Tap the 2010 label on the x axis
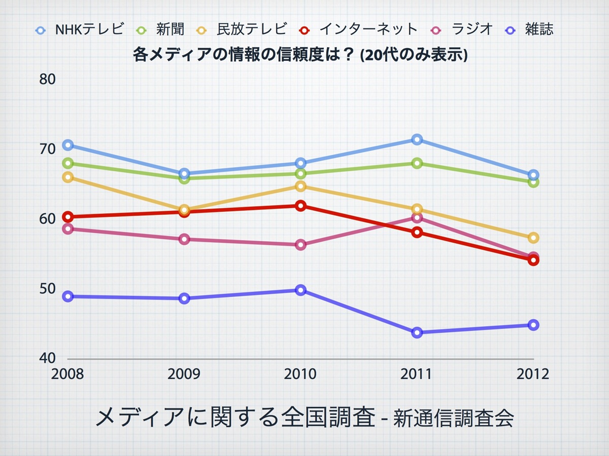point(300,374)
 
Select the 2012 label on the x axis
point(533,374)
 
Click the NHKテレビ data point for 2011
point(417,139)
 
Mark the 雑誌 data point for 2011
point(417,333)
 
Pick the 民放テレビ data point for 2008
point(67,177)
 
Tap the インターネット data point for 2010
point(300,206)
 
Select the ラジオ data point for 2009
point(184,239)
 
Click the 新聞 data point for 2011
point(417,163)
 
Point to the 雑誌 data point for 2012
point(533,325)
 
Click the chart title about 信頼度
point(300,55)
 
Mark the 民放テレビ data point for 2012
point(533,238)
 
